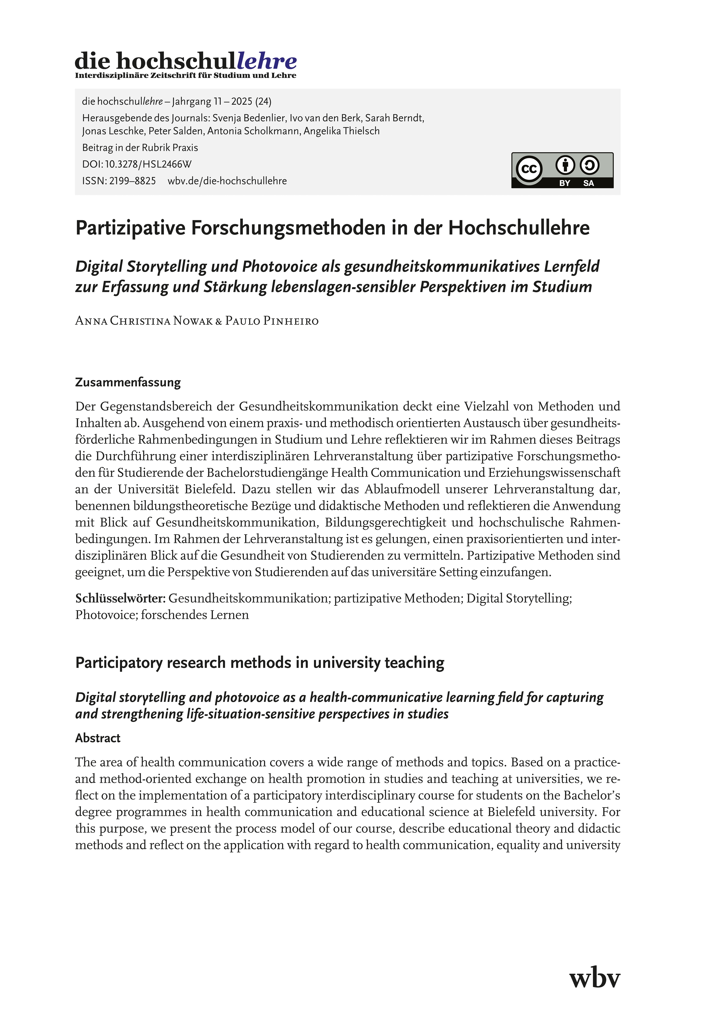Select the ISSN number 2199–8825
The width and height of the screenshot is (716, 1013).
[131, 181]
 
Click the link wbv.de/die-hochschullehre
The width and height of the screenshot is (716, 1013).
[227, 181]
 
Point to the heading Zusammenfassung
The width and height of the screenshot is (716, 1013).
[128, 382]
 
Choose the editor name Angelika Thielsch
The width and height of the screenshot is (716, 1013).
[341, 131]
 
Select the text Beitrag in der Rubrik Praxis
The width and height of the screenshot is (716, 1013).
[140, 148]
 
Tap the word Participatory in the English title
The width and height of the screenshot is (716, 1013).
[119, 663]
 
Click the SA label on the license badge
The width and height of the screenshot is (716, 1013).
[589, 183]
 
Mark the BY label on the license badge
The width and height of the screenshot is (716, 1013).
[565, 183]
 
